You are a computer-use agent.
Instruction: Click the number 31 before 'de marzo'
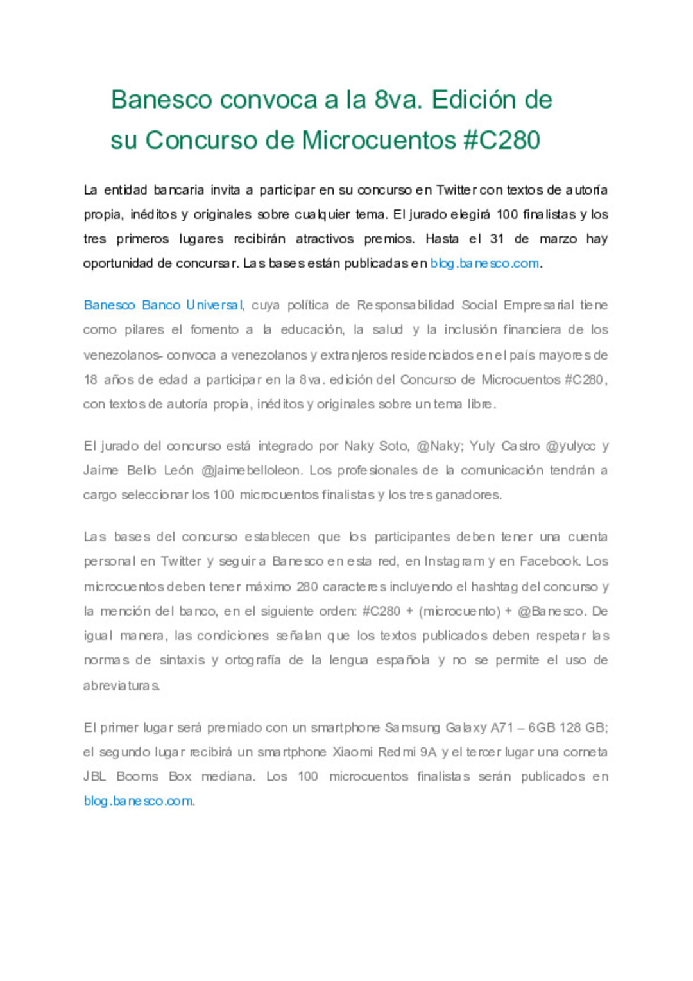click(x=497, y=239)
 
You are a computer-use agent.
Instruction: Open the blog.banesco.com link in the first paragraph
click(x=484, y=263)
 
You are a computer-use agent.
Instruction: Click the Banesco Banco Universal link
click(x=163, y=305)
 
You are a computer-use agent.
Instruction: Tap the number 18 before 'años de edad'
click(x=90, y=379)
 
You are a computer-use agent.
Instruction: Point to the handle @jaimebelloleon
click(x=251, y=471)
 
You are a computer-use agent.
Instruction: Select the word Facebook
click(x=549, y=561)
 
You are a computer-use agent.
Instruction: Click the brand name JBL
click(x=94, y=776)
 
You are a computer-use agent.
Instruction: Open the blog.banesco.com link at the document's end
click(x=138, y=801)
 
